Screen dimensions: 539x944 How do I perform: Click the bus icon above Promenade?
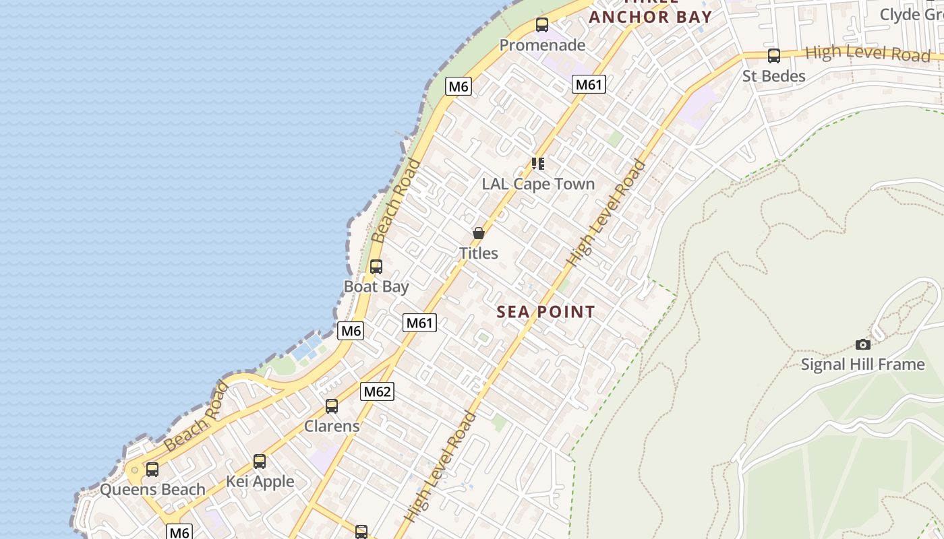point(542,25)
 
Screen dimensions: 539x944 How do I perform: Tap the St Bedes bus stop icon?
point(774,56)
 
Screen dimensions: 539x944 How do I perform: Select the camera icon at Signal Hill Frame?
point(862,344)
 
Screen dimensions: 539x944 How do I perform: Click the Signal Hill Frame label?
point(862,364)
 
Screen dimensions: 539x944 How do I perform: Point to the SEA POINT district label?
point(546,312)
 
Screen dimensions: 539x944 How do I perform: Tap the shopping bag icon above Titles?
point(479,233)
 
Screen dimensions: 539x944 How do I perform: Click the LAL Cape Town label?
point(538,184)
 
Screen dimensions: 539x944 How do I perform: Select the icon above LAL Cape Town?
point(537,164)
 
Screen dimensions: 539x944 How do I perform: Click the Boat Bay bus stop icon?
point(376,267)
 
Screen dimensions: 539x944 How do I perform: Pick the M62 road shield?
point(377,391)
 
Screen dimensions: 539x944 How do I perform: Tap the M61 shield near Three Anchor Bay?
point(589,84)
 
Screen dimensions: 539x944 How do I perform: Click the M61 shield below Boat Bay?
point(420,323)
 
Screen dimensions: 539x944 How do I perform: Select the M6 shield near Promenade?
point(459,86)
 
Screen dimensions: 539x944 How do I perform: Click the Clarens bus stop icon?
point(332,406)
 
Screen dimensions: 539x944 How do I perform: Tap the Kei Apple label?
point(260,482)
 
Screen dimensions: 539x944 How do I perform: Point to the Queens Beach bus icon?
point(152,470)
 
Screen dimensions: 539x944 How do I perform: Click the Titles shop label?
point(479,253)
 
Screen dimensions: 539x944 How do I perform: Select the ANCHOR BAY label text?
point(651,17)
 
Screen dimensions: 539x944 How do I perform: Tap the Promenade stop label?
point(542,45)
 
